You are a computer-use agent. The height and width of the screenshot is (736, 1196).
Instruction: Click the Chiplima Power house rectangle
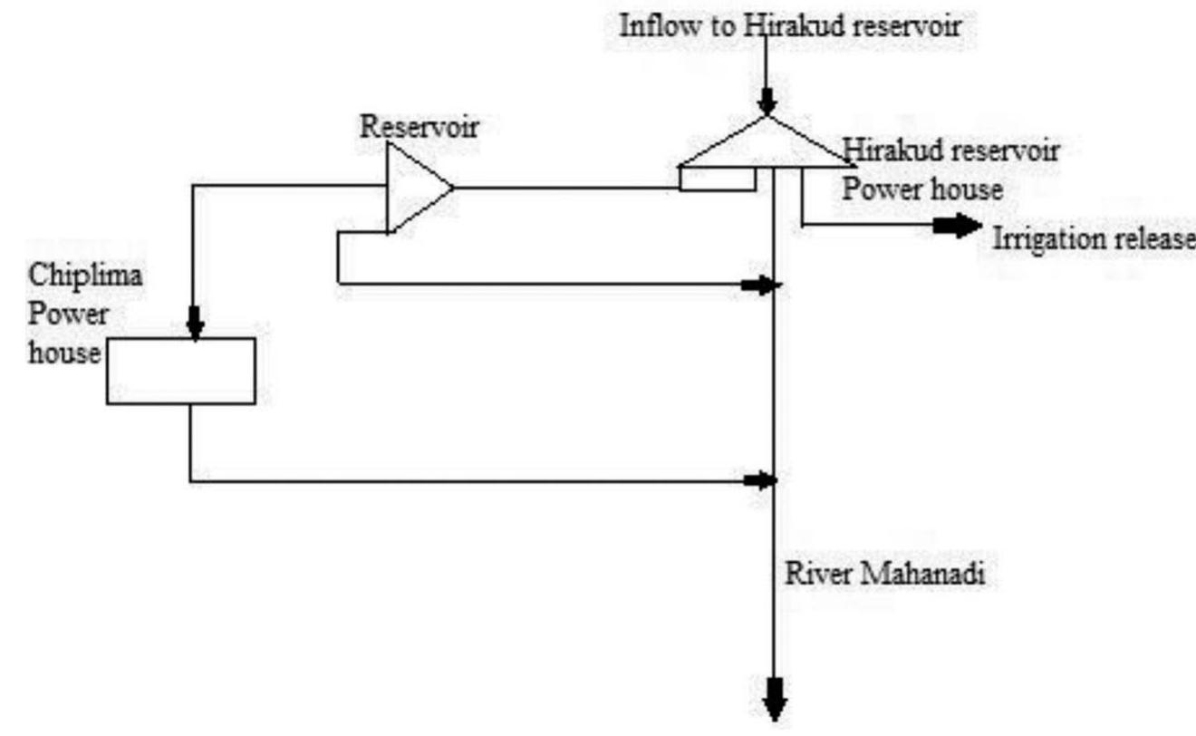point(180,371)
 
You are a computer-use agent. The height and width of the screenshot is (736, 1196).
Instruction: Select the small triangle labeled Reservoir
point(412,189)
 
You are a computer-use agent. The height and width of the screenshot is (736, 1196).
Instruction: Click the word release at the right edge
point(1159,240)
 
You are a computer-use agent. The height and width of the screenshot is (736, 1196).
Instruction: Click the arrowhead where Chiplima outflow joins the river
point(759,479)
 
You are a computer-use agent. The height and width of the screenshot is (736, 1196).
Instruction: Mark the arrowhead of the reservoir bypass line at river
point(759,286)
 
